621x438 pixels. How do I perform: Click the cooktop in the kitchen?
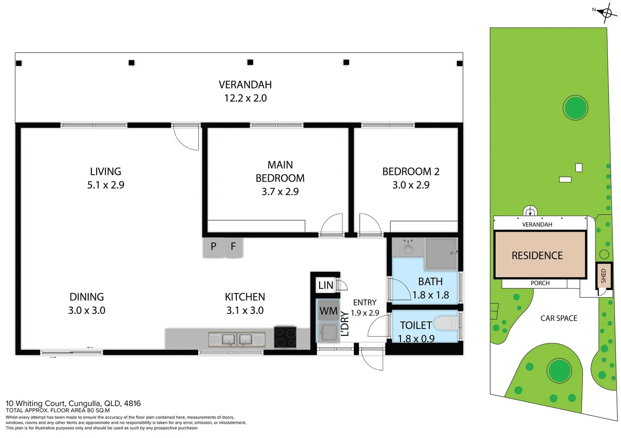coord(285,337)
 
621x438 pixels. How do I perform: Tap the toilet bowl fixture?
coord(446,323)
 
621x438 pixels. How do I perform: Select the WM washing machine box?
coord(329,311)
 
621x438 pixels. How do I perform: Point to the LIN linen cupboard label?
coord(325,285)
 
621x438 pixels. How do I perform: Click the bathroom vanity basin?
coord(408,247)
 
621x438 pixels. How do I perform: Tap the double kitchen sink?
coord(237,339)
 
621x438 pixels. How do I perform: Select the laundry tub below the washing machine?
coord(329,332)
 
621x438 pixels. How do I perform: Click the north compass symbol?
coord(606,13)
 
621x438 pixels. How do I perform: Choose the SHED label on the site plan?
coord(603,276)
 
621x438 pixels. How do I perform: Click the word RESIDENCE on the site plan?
coord(537,255)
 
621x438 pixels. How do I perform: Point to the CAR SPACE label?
coord(558,318)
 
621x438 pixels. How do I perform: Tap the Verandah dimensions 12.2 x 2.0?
coord(245,98)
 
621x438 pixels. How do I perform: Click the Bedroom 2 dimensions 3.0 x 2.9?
coord(411,185)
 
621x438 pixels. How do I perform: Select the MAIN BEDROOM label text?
coord(280,172)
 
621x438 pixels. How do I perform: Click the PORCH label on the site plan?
coord(540,283)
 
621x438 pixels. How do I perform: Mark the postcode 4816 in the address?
coord(132,404)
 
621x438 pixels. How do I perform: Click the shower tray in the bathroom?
coord(441,254)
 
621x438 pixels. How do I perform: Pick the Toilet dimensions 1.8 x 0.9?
coord(416,339)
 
